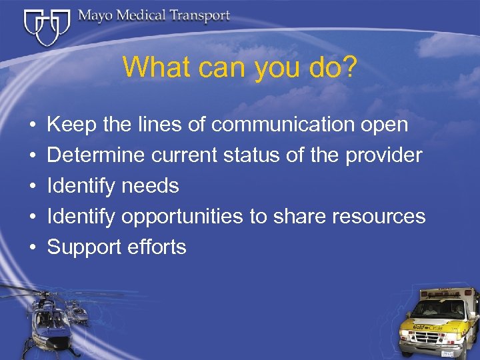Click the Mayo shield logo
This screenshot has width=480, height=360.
[46, 27]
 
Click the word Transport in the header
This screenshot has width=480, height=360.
[197, 15]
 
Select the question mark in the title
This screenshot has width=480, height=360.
[350, 67]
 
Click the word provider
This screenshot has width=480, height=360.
[384, 155]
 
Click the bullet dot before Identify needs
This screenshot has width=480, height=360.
[32, 186]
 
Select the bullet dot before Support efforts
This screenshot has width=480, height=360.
[32, 247]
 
